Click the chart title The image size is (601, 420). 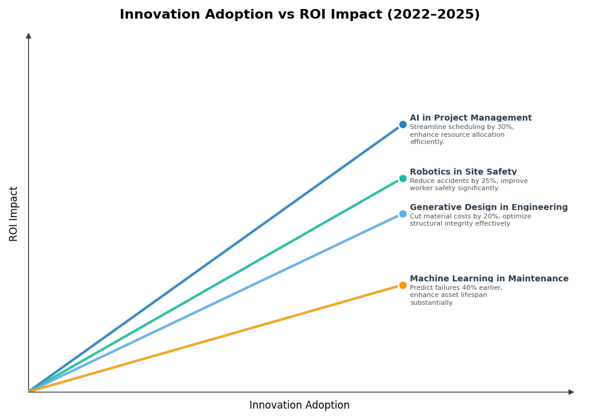pyautogui.click(x=299, y=15)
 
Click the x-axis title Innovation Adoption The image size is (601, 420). pyautogui.click(x=299, y=406)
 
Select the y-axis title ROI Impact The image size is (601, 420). pyautogui.click(x=14, y=214)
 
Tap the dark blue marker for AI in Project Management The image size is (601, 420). pyautogui.click(x=403, y=125)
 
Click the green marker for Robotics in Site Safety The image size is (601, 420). pyautogui.click(x=403, y=178)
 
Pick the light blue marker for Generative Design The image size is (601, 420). pyautogui.click(x=403, y=214)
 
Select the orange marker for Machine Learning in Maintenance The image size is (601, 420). pyautogui.click(x=403, y=285)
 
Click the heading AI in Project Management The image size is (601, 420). pyautogui.click(x=471, y=118)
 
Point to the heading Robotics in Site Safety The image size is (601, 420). pyautogui.click(x=463, y=172)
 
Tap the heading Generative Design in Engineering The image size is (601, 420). pyautogui.click(x=489, y=208)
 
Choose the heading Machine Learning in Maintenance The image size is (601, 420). pyautogui.click(x=489, y=279)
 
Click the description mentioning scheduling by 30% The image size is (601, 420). pyautogui.click(x=462, y=135)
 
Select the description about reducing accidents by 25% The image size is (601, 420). pyautogui.click(x=469, y=185)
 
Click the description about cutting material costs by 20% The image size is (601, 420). pyautogui.click(x=470, y=220)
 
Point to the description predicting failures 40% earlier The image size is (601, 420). pyautogui.click(x=456, y=295)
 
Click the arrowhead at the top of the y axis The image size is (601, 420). pyautogui.click(x=28, y=36)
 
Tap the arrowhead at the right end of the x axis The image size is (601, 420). pyautogui.click(x=571, y=392)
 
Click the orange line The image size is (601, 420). pyautogui.click(x=216, y=338)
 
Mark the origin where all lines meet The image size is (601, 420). pyautogui.click(x=29, y=392)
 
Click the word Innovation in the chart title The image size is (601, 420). pyautogui.click(x=159, y=15)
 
